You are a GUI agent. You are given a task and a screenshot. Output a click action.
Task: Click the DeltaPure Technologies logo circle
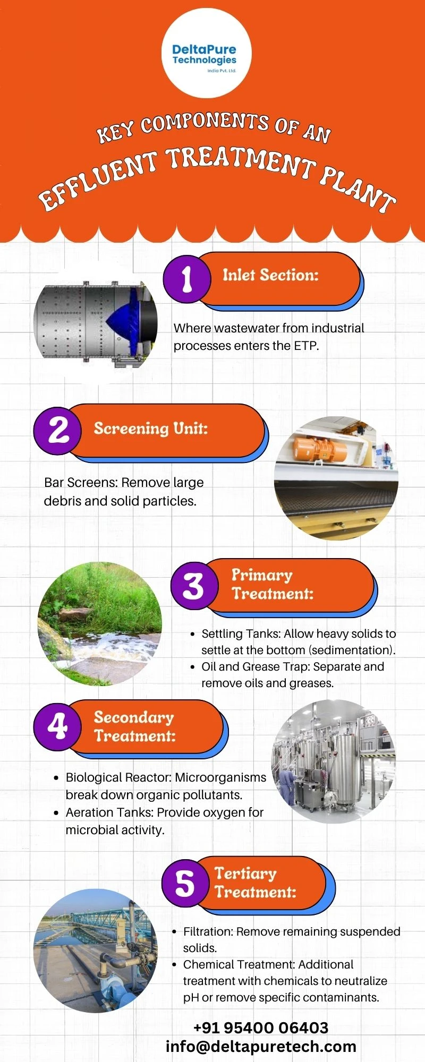pos(206,53)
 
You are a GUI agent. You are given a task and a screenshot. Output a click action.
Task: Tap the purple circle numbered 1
pos(186,279)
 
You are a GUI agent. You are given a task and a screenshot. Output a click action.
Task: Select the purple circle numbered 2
pos(57,431)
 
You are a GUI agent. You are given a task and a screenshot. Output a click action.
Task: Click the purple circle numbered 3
pos(194,586)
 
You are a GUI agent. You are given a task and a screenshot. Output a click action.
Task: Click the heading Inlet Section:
pos(270,275)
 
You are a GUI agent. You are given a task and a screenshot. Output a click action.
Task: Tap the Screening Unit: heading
pos(151,428)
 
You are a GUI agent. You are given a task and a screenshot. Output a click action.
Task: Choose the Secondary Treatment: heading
pos(134,726)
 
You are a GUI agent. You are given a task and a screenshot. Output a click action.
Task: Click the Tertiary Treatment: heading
pos(255,883)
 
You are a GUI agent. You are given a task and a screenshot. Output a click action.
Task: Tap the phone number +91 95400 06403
pos(261,1027)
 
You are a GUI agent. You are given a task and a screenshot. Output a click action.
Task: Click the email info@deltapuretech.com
pos(261,1046)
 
